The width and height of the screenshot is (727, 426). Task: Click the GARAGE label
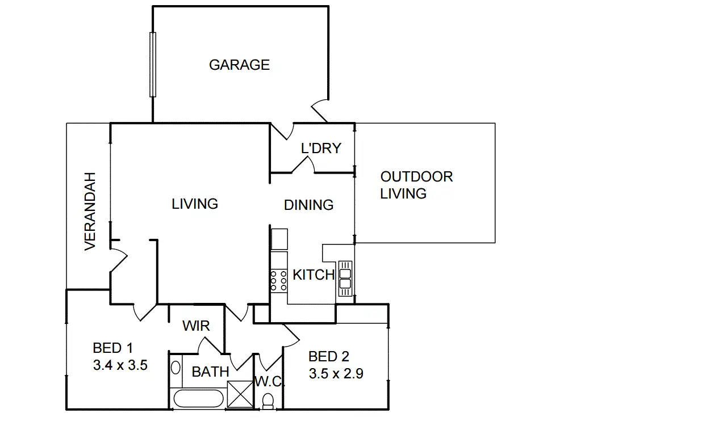239,65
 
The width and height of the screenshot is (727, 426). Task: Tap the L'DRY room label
321,148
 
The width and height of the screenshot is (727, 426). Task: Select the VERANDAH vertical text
90,211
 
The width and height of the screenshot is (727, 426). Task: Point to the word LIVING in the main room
195,204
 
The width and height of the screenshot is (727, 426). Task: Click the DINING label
308,205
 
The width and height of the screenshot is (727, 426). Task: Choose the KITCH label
313,275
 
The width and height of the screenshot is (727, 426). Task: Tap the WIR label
196,326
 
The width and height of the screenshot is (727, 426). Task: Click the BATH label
210,372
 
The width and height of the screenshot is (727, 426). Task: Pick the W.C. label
268,381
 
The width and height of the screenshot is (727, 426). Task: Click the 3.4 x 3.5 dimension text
120,365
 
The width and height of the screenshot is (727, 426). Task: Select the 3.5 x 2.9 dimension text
336,374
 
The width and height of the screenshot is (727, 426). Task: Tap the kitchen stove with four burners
278,280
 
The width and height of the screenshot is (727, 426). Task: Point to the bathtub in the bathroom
198,398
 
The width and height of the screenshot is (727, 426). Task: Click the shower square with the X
239,394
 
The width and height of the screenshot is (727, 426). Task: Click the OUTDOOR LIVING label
416,185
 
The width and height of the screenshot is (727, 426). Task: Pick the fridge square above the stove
279,239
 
